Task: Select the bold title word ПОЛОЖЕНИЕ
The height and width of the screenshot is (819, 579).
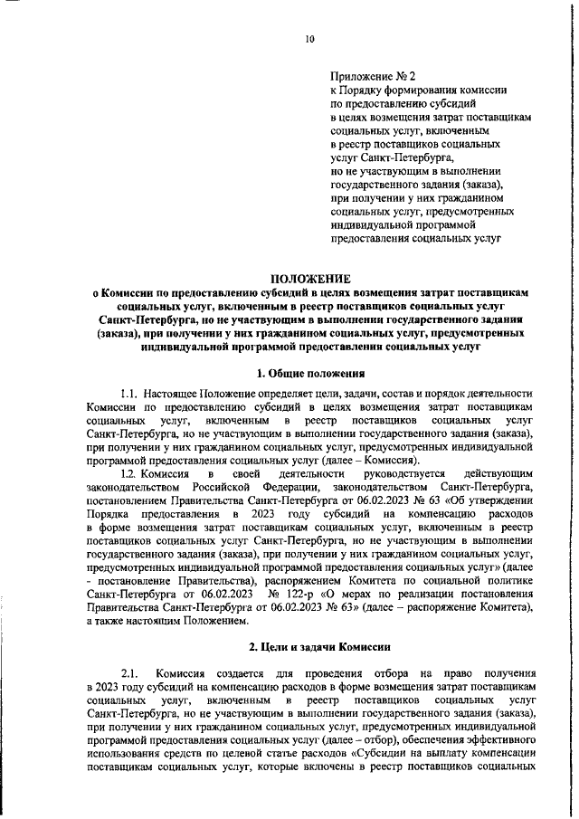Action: [310, 279]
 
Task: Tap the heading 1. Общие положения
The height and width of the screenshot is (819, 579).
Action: [310, 372]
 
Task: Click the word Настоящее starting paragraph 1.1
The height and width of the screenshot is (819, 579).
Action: [179, 394]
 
